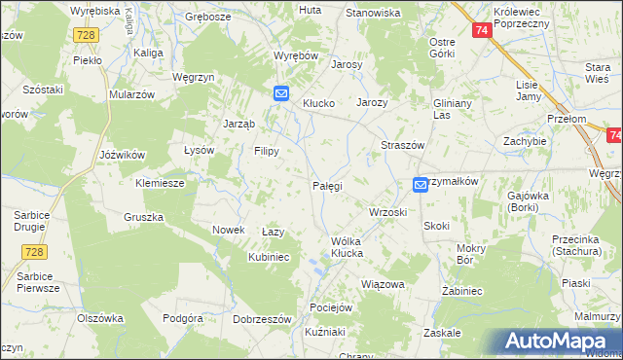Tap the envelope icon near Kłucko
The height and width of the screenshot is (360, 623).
281,93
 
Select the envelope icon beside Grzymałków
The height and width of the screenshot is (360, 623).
420,184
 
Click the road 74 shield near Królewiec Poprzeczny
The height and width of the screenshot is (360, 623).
482,31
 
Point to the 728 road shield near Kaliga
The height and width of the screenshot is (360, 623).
85,35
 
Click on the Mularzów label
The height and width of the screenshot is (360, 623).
132,95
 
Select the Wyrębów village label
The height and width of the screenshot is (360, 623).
296,55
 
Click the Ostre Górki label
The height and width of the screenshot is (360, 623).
443,48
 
